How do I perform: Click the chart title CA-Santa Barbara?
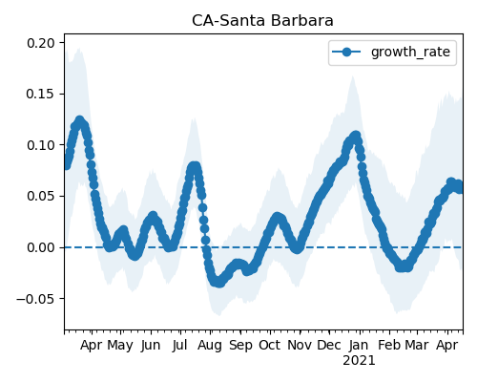[x=262, y=21]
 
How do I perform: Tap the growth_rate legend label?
[x=410, y=52]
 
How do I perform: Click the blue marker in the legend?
[x=346, y=52]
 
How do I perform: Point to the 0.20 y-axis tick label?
[x=41, y=43]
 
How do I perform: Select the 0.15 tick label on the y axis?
[x=41, y=94]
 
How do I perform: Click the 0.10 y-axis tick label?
[x=41, y=145]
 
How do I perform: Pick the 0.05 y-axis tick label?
[x=41, y=196]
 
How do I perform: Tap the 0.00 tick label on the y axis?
[x=41, y=247]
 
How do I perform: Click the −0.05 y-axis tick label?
[x=35, y=299]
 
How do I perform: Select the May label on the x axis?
[x=120, y=346]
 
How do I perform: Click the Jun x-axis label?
[x=151, y=345]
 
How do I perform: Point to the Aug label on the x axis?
[x=210, y=346]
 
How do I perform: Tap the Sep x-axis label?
[x=240, y=346]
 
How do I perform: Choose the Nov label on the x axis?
[x=300, y=345]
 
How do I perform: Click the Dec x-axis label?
[x=329, y=345]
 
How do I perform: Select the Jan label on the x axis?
[x=359, y=345]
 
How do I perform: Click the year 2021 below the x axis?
[x=359, y=361]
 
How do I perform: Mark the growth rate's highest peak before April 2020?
[x=79, y=120]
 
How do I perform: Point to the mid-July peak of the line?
[x=194, y=166]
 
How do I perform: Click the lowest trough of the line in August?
[x=219, y=283]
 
